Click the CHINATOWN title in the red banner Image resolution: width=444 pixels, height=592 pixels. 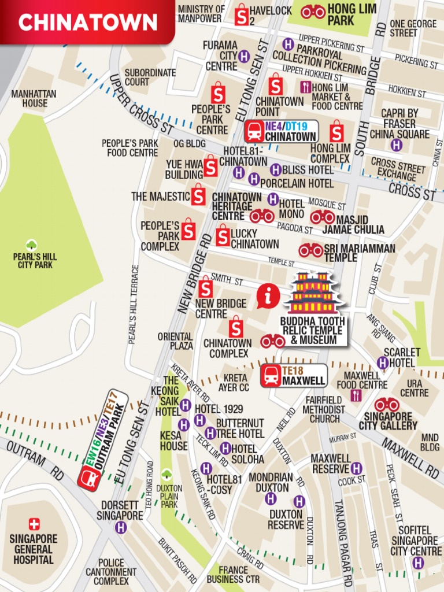click(88, 23)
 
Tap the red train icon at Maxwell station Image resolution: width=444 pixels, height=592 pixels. click(271, 376)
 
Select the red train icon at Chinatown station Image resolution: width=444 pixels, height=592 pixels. click(254, 132)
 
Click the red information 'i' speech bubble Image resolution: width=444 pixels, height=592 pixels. click(268, 297)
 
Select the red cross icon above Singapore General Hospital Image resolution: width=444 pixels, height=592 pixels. click(34, 524)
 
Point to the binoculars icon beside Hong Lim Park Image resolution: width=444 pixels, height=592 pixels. click(313, 12)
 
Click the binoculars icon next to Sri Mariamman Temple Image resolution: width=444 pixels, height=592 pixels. click(310, 250)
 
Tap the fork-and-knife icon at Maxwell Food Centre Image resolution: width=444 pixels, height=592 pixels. click(356, 396)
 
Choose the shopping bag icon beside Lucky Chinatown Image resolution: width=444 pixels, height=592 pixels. click(223, 236)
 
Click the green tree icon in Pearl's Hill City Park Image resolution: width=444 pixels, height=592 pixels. click(32, 245)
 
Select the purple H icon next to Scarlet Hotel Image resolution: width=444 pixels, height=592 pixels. click(382, 362)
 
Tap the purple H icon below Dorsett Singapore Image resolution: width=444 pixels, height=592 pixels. click(120, 527)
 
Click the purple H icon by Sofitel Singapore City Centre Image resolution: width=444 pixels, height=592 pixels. click(419, 563)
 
